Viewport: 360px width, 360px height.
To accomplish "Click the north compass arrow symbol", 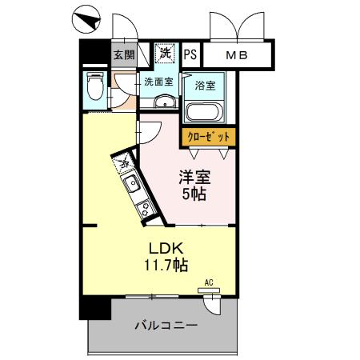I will pyautogui.click(x=86, y=16).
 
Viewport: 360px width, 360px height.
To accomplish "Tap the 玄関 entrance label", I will pyautogui.click(x=123, y=55).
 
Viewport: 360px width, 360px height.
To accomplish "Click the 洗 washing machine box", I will pyautogui.click(x=165, y=54).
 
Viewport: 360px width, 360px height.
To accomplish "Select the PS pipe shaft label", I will pyautogui.click(x=190, y=54).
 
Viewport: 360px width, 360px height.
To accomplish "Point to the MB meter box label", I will pyautogui.click(x=235, y=55).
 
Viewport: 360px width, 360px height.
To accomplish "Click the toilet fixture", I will pyautogui.click(x=94, y=86).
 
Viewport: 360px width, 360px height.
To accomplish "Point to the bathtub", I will pyautogui.click(x=204, y=111).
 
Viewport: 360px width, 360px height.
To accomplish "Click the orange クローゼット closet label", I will pyautogui.click(x=209, y=137).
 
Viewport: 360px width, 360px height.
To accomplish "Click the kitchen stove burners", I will pyautogui.click(x=145, y=210).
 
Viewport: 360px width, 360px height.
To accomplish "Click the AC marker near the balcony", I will pyautogui.click(x=208, y=282).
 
